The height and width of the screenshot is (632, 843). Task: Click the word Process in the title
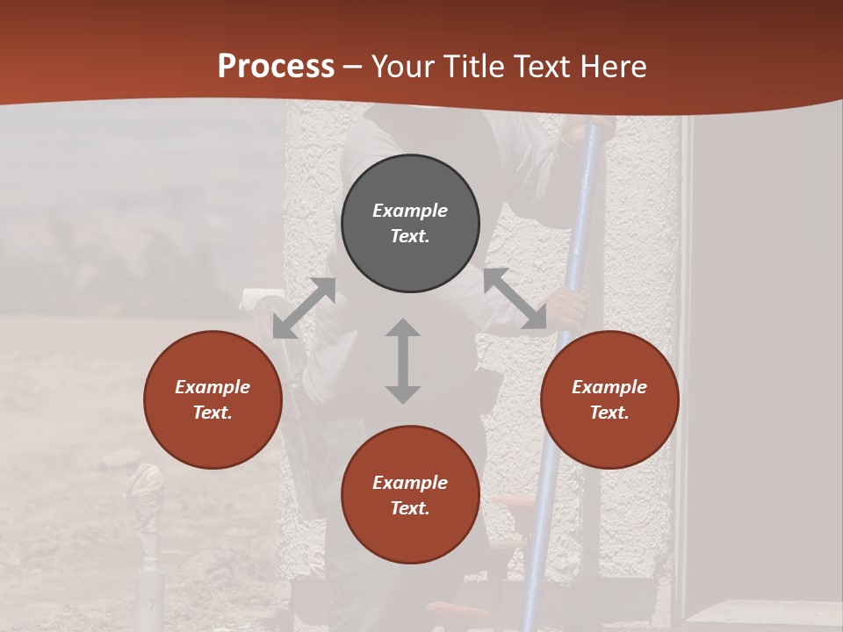276,66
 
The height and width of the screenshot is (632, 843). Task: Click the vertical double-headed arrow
403,361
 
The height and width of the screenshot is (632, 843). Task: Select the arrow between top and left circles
304,308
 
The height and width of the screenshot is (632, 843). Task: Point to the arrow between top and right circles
515,299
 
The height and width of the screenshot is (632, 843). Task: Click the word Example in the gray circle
410,211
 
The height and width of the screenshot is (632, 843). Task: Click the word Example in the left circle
213,387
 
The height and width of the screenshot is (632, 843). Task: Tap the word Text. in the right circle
609,413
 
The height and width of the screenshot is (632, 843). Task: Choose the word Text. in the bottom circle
410,508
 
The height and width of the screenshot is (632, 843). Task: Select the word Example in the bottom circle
410,483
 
